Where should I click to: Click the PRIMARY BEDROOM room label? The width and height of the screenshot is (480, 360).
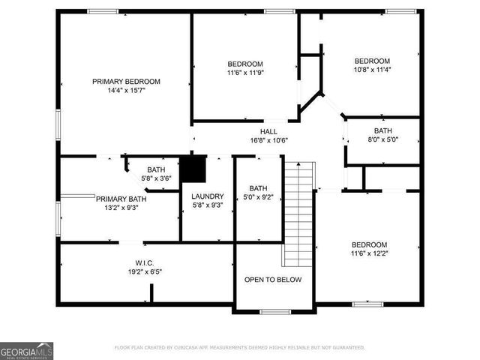(126, 81)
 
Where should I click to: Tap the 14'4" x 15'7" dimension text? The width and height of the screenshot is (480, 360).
(126, 90)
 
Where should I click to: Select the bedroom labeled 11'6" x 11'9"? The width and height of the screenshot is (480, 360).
(245, 67)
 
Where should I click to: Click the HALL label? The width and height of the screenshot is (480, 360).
(268, 131)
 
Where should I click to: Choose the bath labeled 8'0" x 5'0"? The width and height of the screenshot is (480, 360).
(382, 134)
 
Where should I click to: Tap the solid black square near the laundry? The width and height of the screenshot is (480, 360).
(195, 169)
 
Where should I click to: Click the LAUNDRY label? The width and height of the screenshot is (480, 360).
(208, 196)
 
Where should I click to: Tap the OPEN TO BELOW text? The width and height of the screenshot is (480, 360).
(273, 280)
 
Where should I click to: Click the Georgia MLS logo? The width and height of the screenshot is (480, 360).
(26, 350)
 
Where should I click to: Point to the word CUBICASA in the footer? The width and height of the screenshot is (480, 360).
(188, 348)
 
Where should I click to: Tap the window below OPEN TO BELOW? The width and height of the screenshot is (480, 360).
(274, 311)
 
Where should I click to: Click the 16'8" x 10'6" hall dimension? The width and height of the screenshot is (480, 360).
(268, 140)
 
